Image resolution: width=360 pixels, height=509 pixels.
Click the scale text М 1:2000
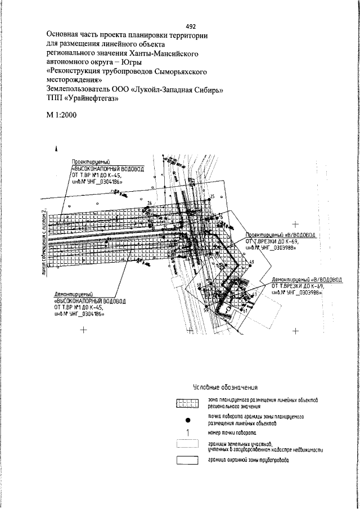click(x=62, y=115)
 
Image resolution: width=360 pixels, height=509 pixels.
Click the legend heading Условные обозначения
click(x=225, y=387)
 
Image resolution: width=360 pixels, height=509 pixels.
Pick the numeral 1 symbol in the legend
click(x=187, y=433)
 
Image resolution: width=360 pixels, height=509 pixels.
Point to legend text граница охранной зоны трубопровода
click(x=248, y=460)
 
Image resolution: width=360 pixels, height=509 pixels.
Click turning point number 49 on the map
click(x=251, y=263)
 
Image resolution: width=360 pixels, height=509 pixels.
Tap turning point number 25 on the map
click(x=212, y=196)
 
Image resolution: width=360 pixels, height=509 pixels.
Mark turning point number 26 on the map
click(x=150, y=203)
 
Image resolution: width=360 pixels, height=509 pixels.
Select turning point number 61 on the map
click(x=245, y=310)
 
